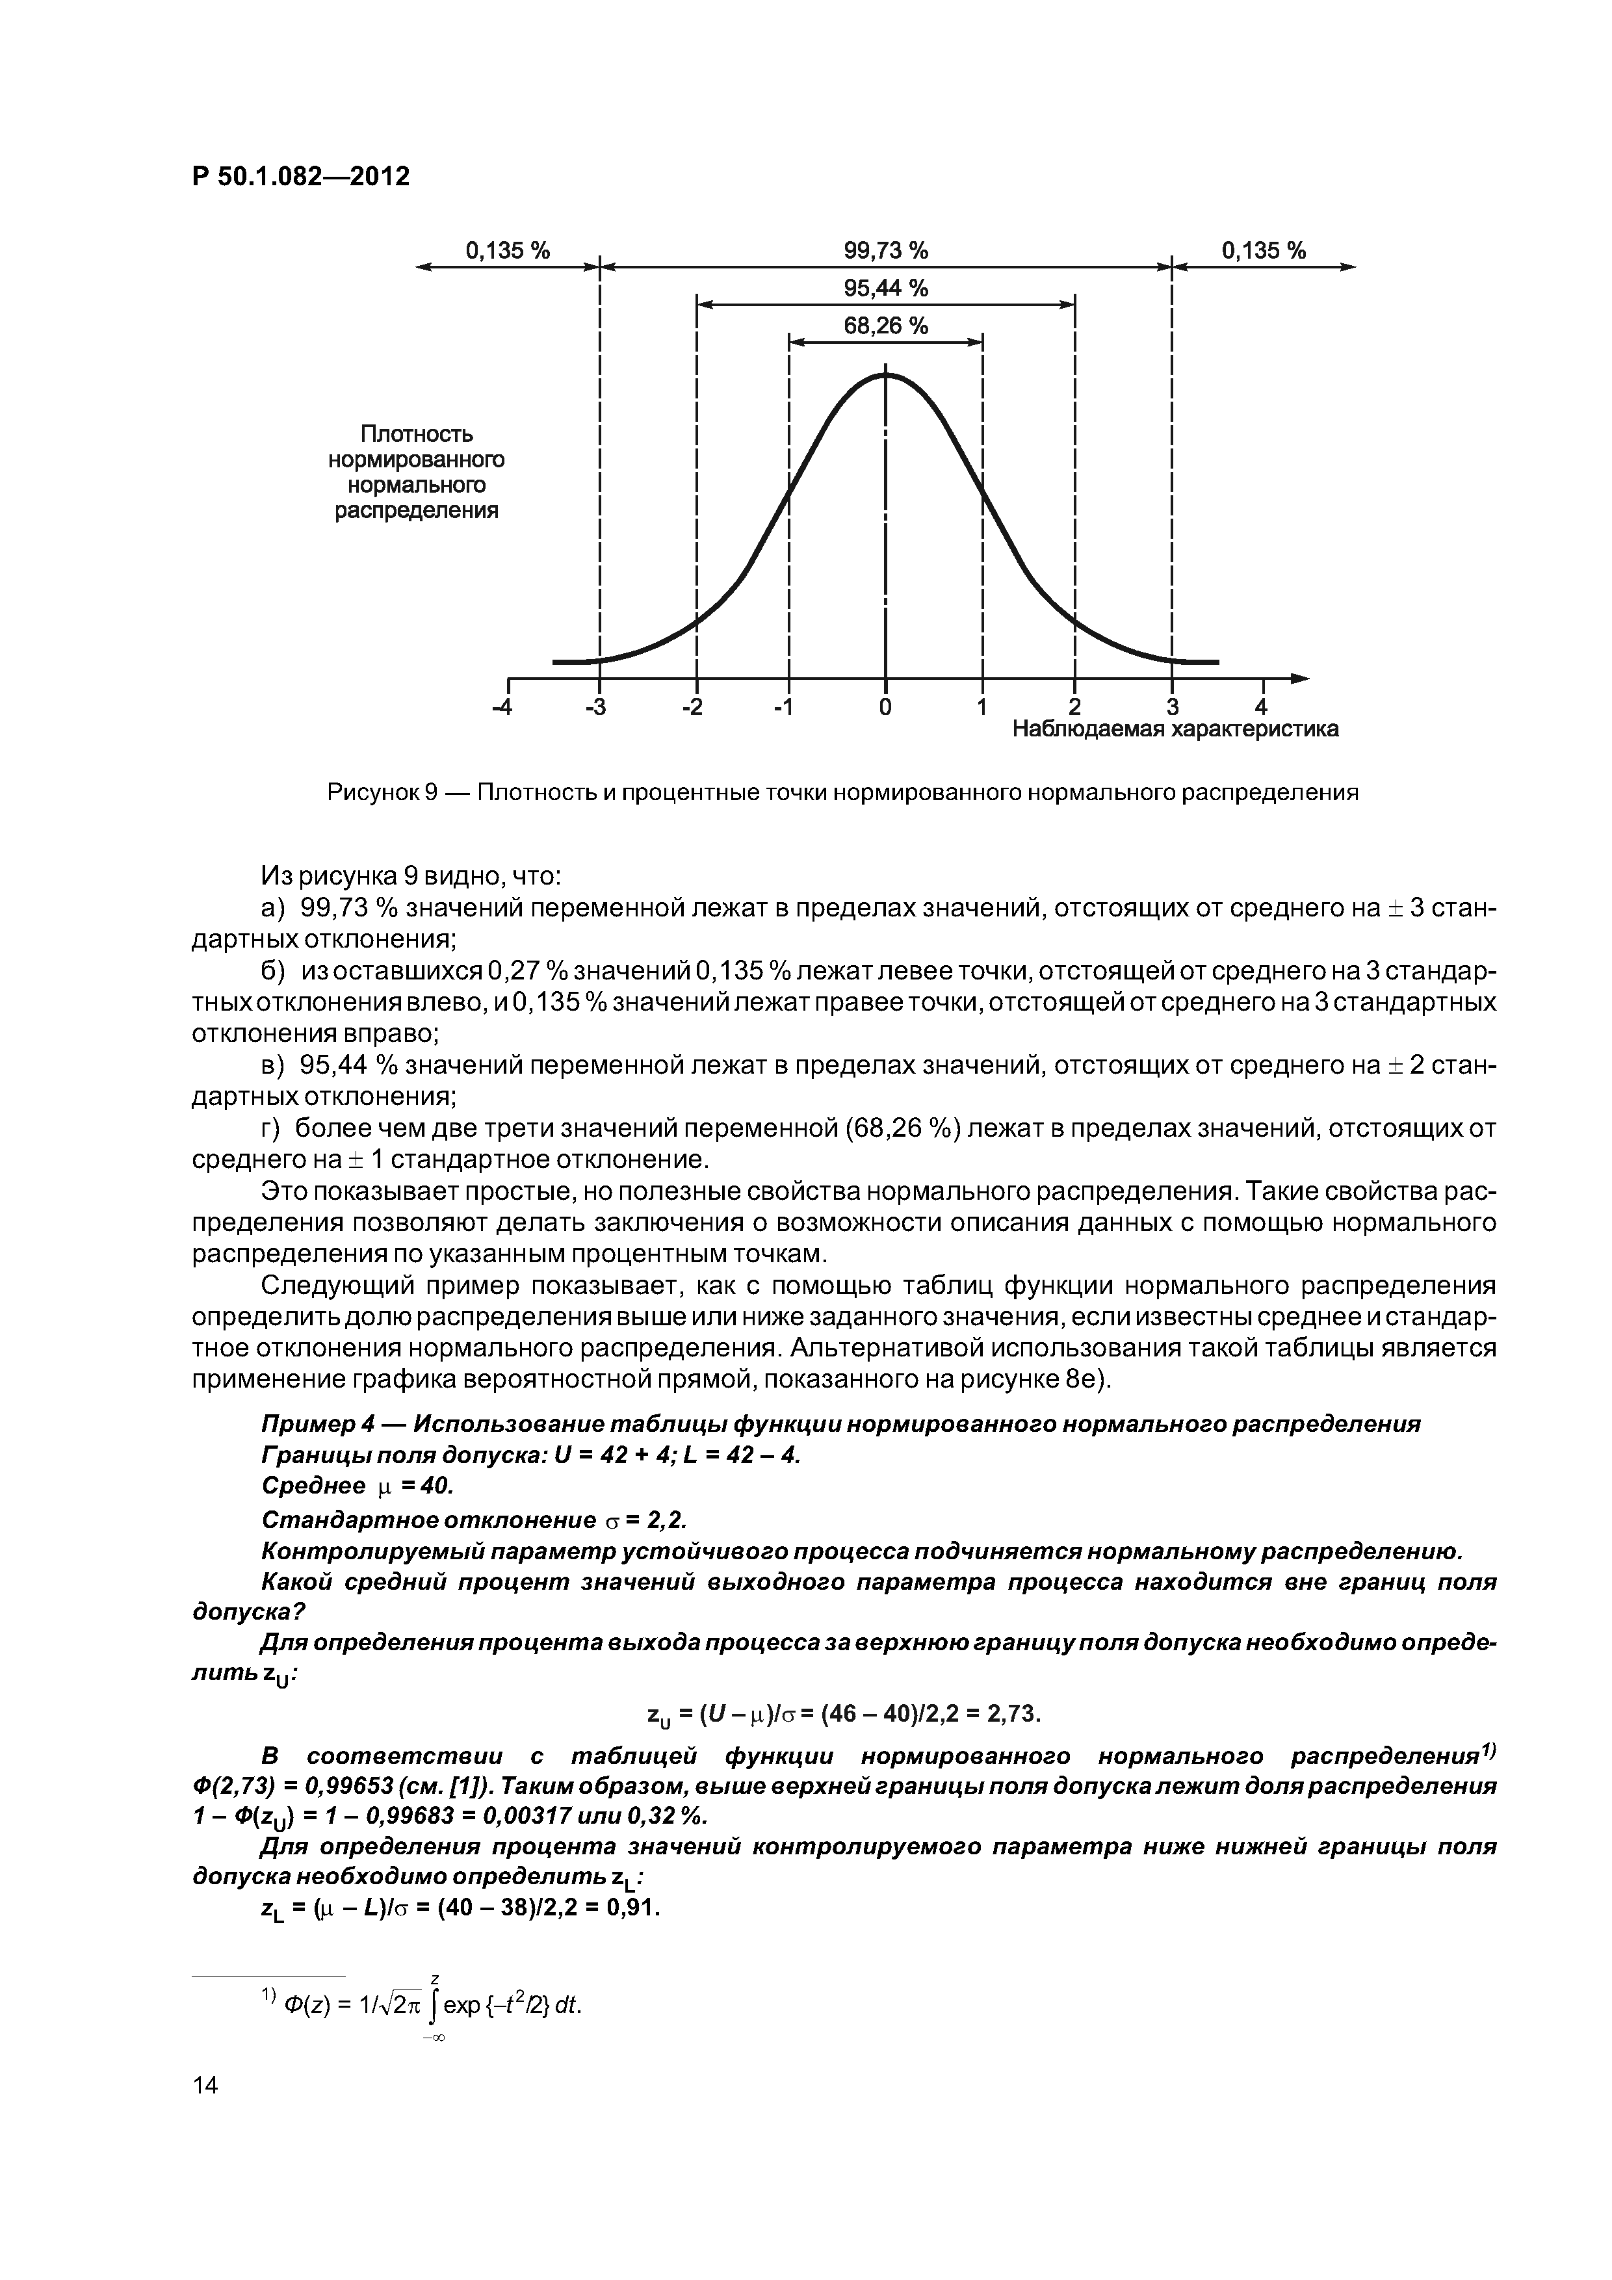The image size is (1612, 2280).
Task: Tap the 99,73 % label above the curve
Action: (885, 250)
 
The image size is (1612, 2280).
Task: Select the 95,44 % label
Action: (885, 289)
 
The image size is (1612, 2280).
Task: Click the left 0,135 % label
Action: (508, 250)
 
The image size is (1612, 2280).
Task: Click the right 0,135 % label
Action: (1264, 250)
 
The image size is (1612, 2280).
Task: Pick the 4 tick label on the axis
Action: (1262, 707)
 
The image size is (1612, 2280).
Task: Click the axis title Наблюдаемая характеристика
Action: (1175, 730)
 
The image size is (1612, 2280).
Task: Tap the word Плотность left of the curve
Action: (416, 434)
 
